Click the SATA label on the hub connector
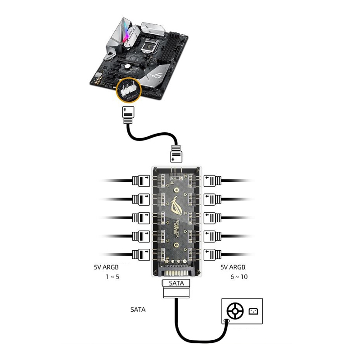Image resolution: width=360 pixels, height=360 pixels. point(176,283)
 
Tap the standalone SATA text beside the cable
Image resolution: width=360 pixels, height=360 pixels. point(138,310)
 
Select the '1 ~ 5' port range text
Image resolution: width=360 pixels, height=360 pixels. point(112,277)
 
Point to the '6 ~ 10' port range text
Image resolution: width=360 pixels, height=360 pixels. point(238,277)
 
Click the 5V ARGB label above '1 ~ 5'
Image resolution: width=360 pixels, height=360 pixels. point(107,267)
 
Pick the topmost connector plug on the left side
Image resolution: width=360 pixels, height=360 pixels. point(141,181)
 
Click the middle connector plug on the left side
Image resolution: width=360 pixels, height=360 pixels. point(141,217)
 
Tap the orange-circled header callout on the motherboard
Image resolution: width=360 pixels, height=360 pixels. point(128,90)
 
